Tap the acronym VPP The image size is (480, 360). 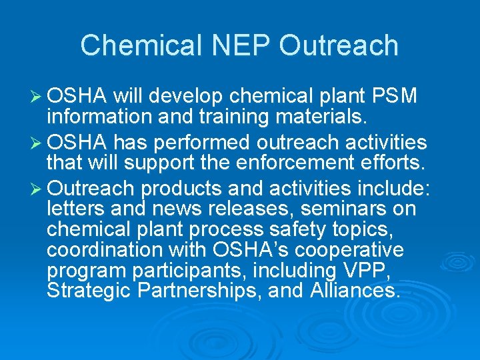pos(391,271)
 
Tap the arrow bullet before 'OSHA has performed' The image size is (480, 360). pos(37,142)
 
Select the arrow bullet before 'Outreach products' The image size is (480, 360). pos(37,187)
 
